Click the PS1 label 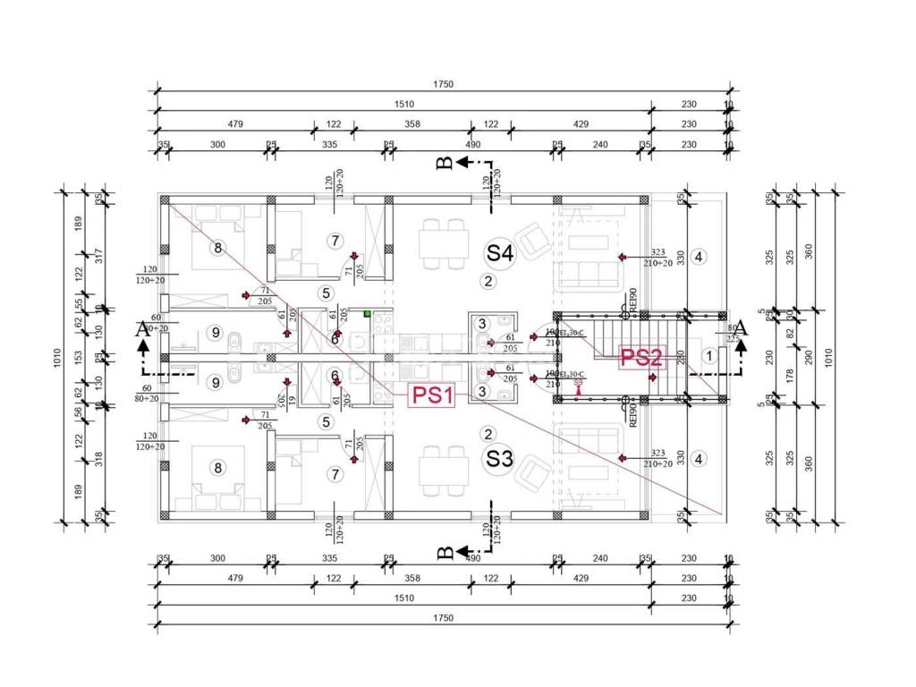tap(433, 395)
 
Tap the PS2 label tap(641, 359)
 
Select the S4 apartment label tap(499, 253)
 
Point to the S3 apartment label tap(499, 460)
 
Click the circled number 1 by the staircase tap(709, 356)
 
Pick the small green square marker tap(367, 313)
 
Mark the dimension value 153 tap(79, 355)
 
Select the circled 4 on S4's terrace tap(700, 258)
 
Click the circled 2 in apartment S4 tap(488, 282)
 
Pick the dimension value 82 tap(790, 333)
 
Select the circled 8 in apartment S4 tap(216, 248)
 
